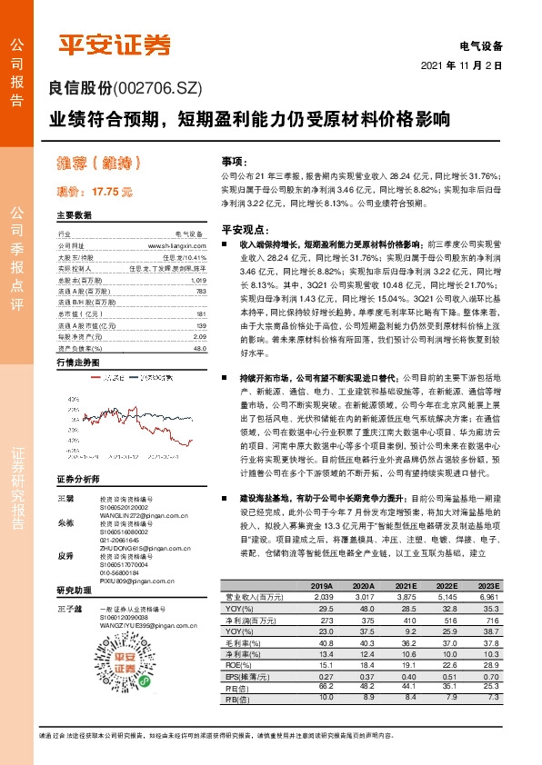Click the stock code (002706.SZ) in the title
156,87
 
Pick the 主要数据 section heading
75,215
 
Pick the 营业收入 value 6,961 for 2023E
489,597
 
